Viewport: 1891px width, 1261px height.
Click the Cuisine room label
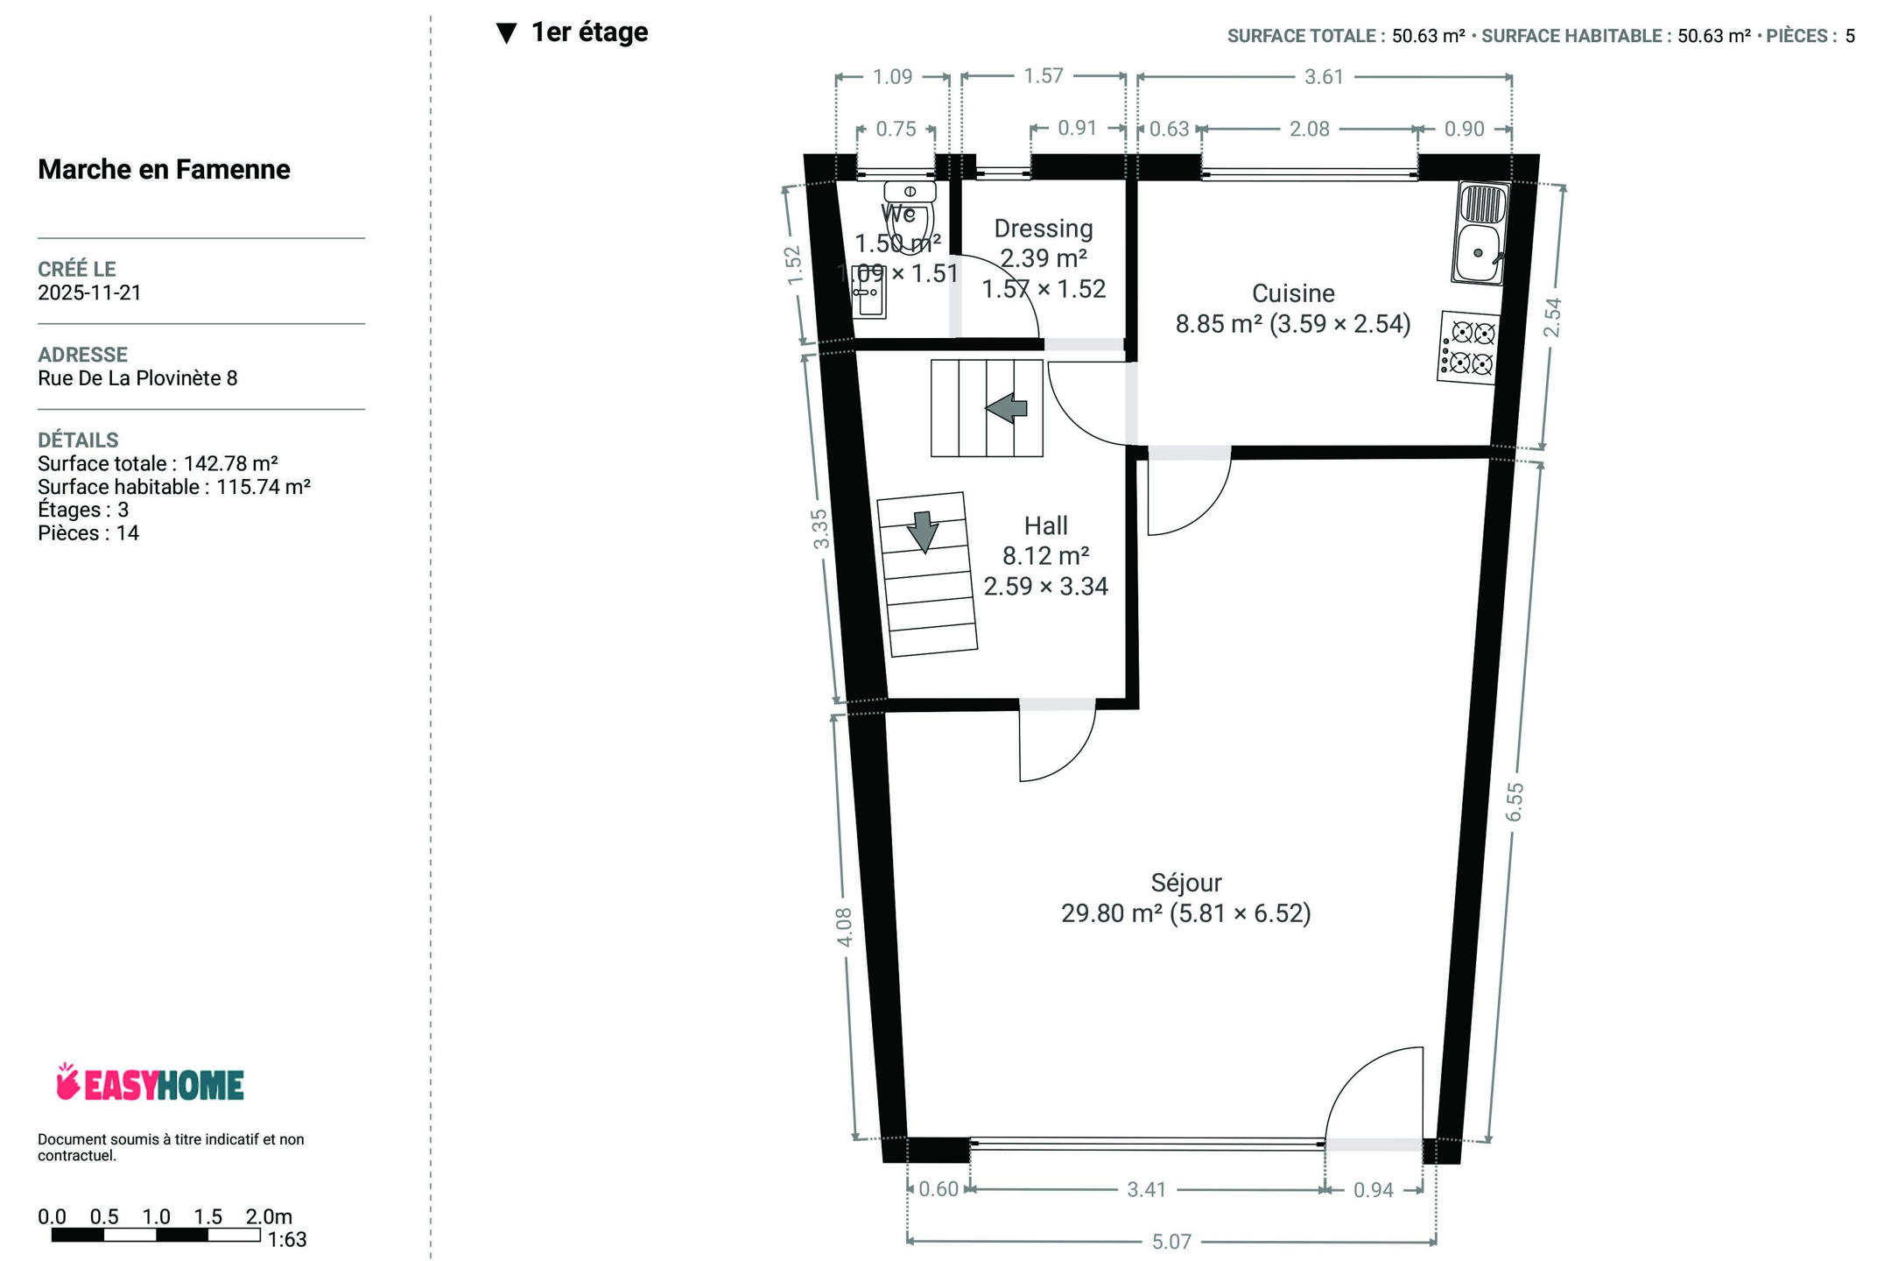coord(1293,293)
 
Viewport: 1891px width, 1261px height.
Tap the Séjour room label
coord(1186,883)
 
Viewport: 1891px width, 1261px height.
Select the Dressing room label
coord(1044,229)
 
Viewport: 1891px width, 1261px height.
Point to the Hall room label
coord(1046,525)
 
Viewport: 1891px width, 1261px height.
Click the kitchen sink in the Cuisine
coord(1480,233)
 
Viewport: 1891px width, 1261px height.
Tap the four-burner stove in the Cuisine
coord(1467,348)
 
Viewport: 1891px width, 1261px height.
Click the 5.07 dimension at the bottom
coord(1171,1241)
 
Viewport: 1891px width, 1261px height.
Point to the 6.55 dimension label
coord(1515,801)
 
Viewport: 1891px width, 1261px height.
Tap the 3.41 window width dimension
coord(1147,1189)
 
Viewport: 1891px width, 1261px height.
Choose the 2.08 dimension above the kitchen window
coord(1310,129)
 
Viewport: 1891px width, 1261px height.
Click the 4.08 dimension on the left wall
coord(844,926)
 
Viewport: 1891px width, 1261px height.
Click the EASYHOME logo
coord(150,1082)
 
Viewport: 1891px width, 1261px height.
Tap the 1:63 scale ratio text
coord(287,1239)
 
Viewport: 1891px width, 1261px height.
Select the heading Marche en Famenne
coord(164,169)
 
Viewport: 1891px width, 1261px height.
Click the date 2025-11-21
coord(89,292)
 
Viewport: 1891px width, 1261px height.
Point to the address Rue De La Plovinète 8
coord(137,378)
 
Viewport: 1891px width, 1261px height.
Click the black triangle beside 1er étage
coord(506,33)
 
